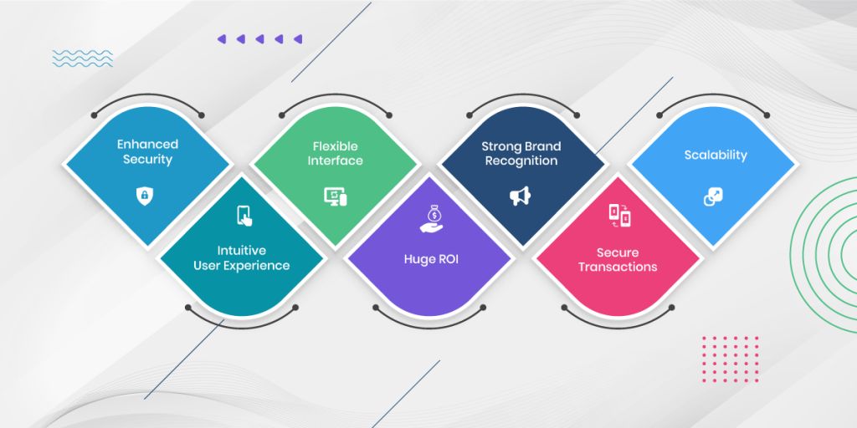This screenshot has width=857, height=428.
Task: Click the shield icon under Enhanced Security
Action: tap(145, 196)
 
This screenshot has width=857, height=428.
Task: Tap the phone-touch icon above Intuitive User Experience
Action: tap(244, 216)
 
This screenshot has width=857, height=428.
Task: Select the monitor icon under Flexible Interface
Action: tap(335, 196)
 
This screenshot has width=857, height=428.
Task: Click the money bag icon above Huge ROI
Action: tap(431, 218)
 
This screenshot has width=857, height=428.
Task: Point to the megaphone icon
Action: tap(521, 196)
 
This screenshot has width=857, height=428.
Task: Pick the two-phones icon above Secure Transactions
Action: tap(620, 215)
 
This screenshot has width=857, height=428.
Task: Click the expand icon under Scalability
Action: tap(713, 196)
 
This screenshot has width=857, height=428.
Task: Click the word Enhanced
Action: tap(147, 144)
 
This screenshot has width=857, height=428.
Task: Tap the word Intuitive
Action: tap(242, 251)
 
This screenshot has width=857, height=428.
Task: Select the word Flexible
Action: tap(335, 146)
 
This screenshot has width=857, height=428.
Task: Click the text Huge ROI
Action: tap(431, 259)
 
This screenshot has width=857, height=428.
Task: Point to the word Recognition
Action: tap(521, 161)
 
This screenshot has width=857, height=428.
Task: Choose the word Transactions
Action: tap(618, 267)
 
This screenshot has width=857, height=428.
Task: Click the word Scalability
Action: tap(716, 155)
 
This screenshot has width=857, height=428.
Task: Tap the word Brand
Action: tap(542, 146)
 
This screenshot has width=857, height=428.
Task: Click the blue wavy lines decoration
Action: tap(83, 59)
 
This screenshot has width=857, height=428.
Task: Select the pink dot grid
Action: tap(730, 359)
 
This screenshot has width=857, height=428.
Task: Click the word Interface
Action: tap(335, 160)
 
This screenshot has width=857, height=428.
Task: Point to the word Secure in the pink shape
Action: tap(618, 252)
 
